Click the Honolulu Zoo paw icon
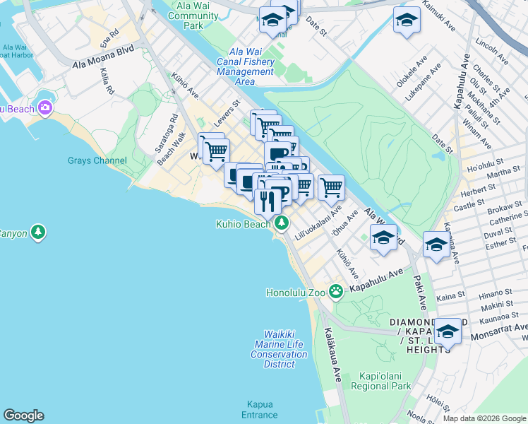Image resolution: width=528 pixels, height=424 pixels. [x=336, y=291]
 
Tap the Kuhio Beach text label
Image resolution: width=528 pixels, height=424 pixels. [x=244, y=224]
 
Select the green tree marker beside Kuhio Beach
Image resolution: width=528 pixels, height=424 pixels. [x=282, y=223]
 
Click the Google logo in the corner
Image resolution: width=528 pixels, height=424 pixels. [x=23, y=416]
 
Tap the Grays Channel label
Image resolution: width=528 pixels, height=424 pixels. [x=97, y=160]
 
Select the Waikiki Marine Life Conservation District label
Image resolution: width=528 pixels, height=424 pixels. [x=280, y=349]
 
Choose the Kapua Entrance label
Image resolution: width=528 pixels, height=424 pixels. [x=260, y=409]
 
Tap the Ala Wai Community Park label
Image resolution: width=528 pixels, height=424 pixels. [x=193, y=16]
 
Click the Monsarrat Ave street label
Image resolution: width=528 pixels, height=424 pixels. [x=503, y=328]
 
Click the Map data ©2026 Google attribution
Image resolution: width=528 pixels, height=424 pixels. [x=484, y=418]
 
